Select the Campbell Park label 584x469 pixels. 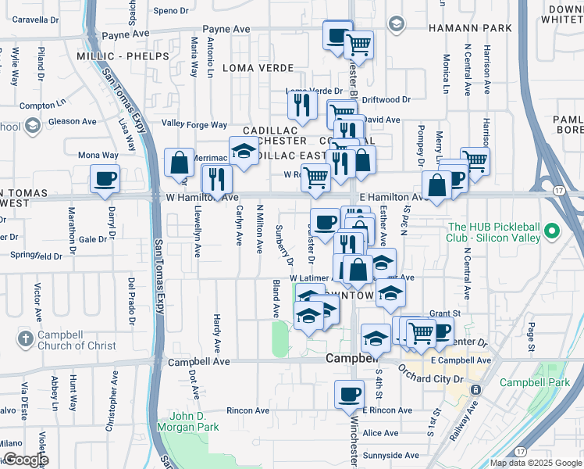pyautogui.click(x=536, y=383)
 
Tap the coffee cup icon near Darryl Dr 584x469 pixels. pyautogui.click(x=105, y=178)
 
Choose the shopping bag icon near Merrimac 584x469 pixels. pyautogui.click(x=180, y=163)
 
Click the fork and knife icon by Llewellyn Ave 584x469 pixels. pyautogui.click(x=215, y=179)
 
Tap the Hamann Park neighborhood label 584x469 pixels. pyautogui.click(x=470, y=28)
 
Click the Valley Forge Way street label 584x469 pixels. pyautogui.click(x=194, y=124)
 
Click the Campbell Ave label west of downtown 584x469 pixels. pyautogui.click(x=199, y=362)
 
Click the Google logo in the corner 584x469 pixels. pyautogui.click(x=25, y=460)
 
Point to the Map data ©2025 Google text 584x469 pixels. pyautogui.click(x=535, y=463)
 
